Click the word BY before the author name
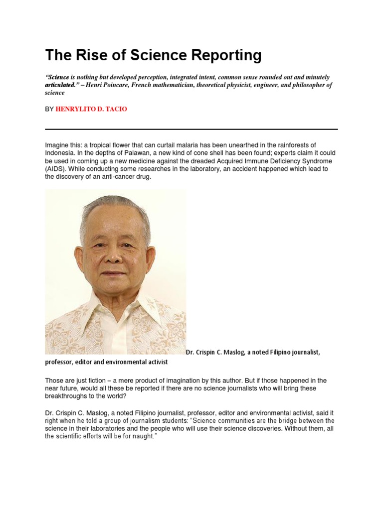(x=49, y=109)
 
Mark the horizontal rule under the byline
(x=191, y=129)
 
